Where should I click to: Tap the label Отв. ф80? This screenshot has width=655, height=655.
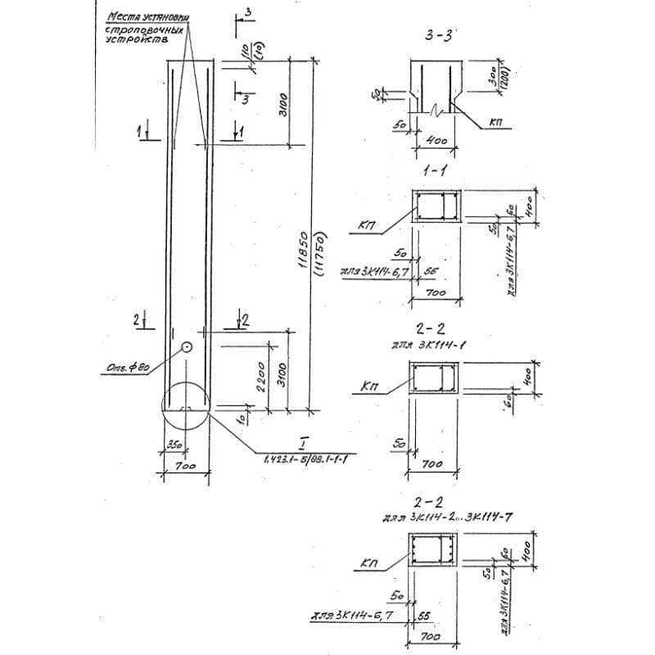coord(127,366)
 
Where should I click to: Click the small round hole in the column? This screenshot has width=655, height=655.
coord(187,347)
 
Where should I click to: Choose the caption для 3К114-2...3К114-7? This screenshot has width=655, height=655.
coord(448,517)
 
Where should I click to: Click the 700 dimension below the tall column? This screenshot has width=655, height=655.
coord(186,467)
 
